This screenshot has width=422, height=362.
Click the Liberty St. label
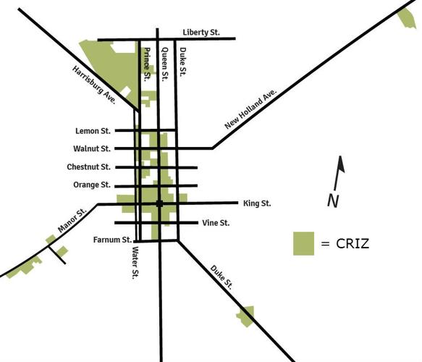point(201,33)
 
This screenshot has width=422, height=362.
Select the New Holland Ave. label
point(251,110)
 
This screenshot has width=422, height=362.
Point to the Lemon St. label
point(92,131)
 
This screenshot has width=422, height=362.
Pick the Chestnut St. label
point(88,167)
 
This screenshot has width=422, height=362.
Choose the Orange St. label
point(91,185)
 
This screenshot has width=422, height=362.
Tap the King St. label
point(257,203)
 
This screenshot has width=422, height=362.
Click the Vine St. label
point(216,223)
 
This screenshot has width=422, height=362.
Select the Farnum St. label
point(112,240)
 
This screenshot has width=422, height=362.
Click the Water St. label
point(135,262)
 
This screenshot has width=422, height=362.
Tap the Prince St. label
point(147,64)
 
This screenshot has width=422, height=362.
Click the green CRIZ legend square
point(303,243)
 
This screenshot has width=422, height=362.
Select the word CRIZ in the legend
point(353,243)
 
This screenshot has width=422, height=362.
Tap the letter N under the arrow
point(333,201)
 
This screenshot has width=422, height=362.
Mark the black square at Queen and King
point(159,204)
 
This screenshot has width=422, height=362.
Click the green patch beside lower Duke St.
point(247,316)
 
